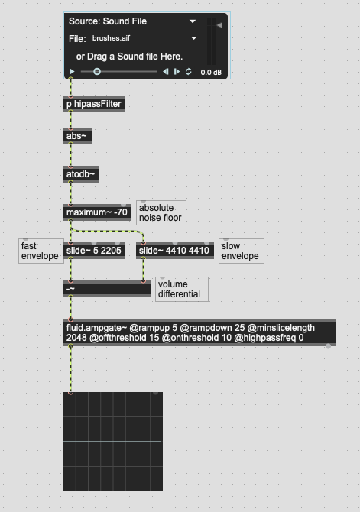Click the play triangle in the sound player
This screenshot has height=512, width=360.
(x=72, y=72)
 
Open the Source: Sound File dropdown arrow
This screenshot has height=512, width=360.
(x=193, y=21)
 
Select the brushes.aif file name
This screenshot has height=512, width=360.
(x=111, y=38)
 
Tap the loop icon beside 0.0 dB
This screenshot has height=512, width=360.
(x=189, y=72)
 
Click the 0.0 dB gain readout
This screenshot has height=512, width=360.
(x=211, y=72)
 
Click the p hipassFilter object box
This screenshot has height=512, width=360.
(x=94, y=104)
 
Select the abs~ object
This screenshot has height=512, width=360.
(x=77, y=136)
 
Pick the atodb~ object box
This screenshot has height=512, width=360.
(x=81, y=174)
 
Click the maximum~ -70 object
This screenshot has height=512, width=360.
(x=97, y=212)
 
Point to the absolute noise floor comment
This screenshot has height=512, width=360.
(x=161, y=213)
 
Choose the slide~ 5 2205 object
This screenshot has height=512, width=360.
(x=94, y=251)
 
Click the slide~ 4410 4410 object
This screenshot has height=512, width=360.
(x=175, y=251)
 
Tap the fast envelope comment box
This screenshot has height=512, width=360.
(x=41, y=251)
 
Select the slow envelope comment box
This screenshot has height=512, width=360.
(x=241, y=251)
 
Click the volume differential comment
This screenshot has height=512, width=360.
(x=182, y=290)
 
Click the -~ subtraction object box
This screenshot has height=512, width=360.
(x=107, y=289)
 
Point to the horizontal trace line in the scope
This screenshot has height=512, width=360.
(x=112, y=442)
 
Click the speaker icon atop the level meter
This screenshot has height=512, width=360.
(x=219, y=24)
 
